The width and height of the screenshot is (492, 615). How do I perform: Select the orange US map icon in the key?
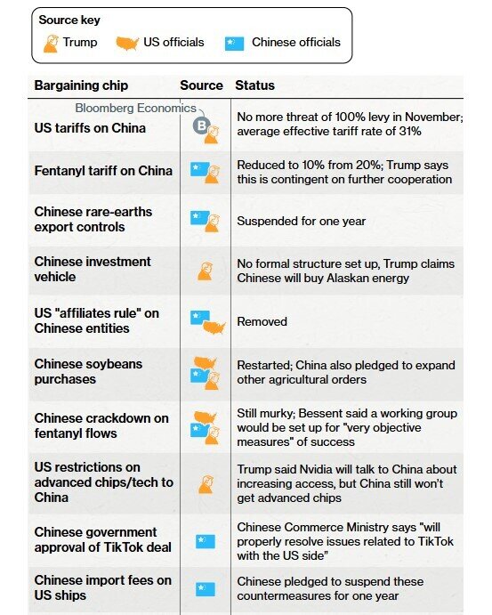pyautogui.click(x=128, y=42)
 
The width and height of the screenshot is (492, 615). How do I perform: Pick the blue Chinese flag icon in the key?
pyautogui.click(x=234, y=43)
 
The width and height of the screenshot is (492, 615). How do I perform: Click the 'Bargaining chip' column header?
pyautogui.click(x=81, y=85)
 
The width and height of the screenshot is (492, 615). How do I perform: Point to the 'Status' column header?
pyautogui.click(x=254, y=85)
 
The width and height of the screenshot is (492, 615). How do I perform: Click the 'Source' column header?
pyautogui.click(x=201, y=85)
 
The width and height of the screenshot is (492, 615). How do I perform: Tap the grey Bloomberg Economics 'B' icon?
pyautogui.click(x=202, y=125)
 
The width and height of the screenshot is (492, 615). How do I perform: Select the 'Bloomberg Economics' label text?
pyautogui.click(x=135, y=108)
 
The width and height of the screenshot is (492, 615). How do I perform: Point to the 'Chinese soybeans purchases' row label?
pyautogui.click(x=88, y=371)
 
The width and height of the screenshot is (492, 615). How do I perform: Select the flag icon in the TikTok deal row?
pyautogui.click(x=205, y=540)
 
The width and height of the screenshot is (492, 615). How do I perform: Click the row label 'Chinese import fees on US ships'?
pyautogui.click(x=102, y=588)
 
